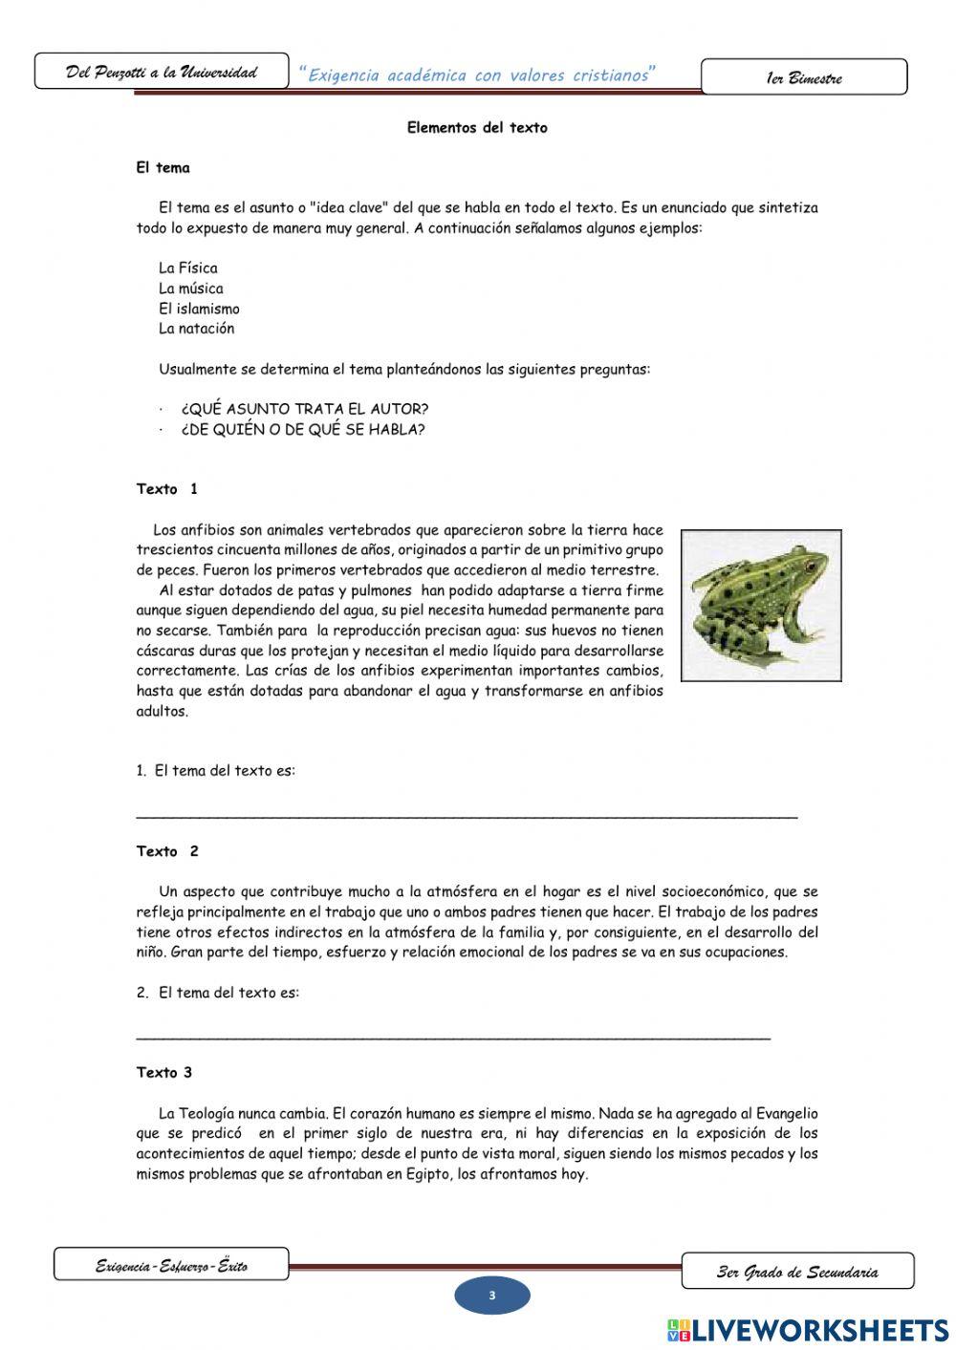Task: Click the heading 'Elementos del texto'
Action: point(477,127)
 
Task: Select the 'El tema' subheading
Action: point(163,168)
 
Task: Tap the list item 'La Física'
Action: point(188,268)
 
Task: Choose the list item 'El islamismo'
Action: point(199,309)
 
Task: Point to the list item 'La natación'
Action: point(196,329)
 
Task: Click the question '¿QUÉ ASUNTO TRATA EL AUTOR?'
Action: point(304,409)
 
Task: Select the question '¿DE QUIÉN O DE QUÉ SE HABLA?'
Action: point(302,429)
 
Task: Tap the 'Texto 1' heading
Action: point(167,489)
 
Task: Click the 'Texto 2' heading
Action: point(167,851)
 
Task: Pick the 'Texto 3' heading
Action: point(164,1073)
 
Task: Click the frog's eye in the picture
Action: point(810,565)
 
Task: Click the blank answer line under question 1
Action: point(467,815)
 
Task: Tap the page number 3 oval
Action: point(491,1296)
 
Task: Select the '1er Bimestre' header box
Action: point(804,77)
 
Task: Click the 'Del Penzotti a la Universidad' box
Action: point(162,72)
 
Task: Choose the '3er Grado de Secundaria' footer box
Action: point(797,1271)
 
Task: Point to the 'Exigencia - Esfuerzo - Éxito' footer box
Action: point(171,1265)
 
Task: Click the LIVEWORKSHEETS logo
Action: point(808,1329)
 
